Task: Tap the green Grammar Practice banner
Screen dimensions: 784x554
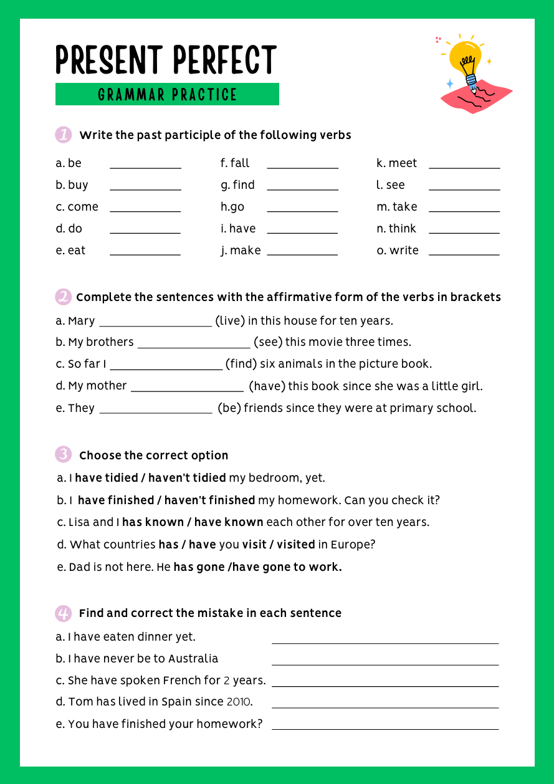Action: pyautogui.click(x=167, y=94)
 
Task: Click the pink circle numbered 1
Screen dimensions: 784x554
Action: pyautogui.click(x=63, y=135)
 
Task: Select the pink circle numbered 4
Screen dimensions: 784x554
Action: pyautogui.click(x=63, y=613)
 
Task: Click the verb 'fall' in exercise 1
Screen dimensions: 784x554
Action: pyautogui.click(x=240, y=163)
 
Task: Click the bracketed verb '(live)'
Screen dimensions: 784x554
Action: pyautogui.click(x=230, y=321)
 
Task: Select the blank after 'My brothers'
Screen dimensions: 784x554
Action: pyautogui.click(x=193, y=346)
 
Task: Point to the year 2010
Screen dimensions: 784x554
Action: pyautogui.click(x=238, y=702)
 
